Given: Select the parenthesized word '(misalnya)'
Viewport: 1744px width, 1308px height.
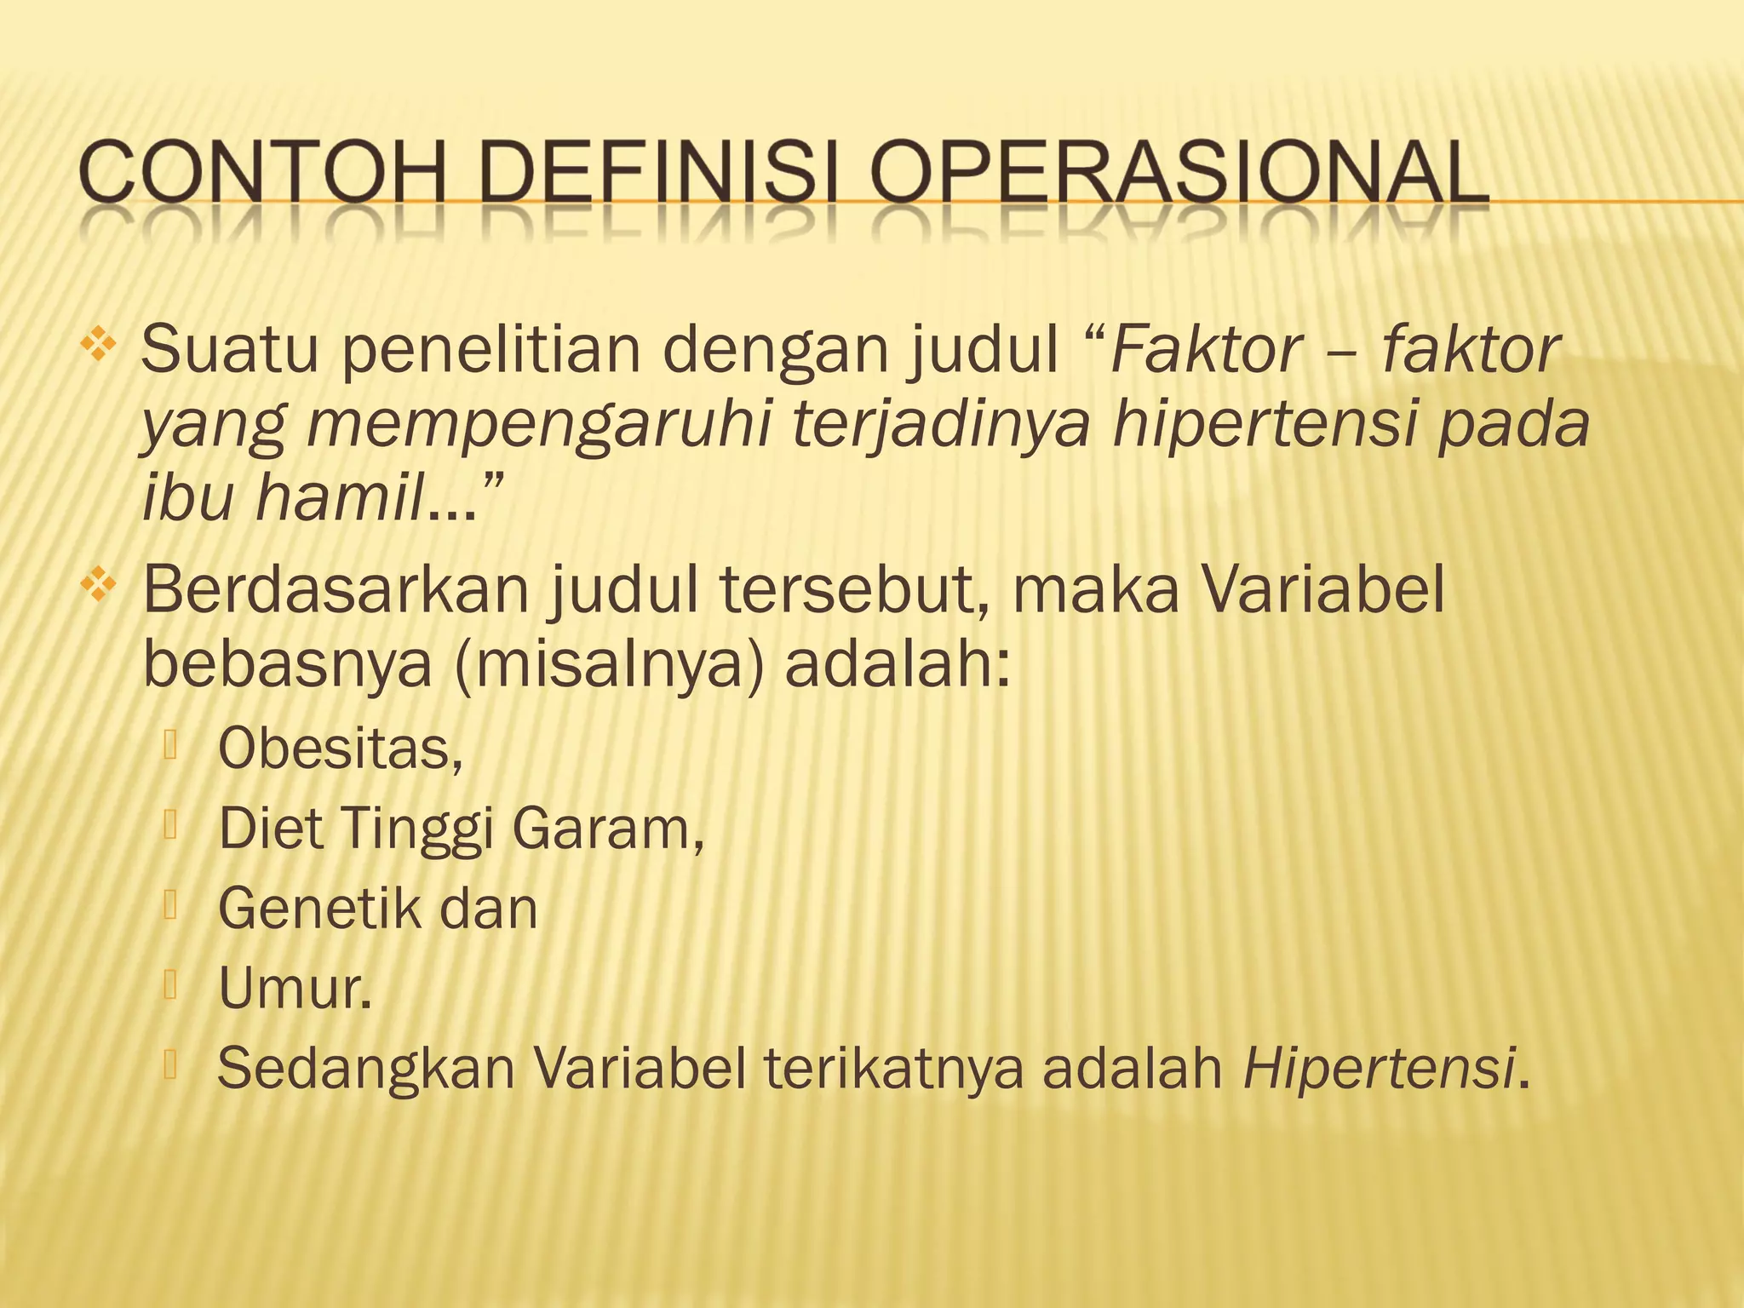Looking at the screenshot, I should (609, 664).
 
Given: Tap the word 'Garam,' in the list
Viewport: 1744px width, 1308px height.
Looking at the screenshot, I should (608, 829).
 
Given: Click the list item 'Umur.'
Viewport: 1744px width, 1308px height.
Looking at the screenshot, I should (295, 989).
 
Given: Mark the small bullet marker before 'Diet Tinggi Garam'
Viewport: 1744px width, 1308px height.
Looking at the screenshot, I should (170, 824).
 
